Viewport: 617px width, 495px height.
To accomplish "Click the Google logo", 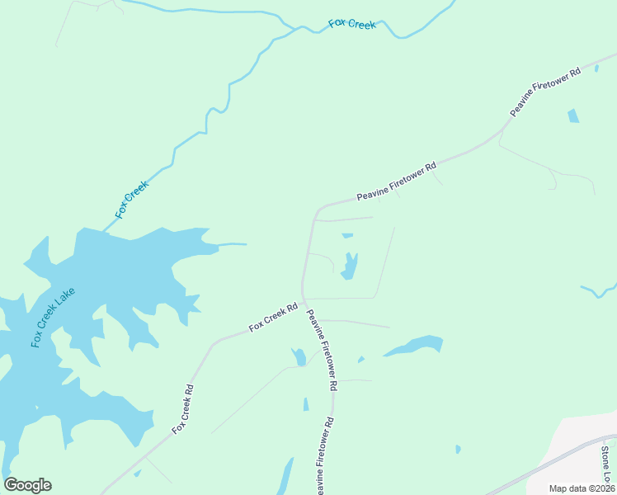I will (28, 485).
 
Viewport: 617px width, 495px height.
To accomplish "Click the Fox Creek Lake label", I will (53, 318).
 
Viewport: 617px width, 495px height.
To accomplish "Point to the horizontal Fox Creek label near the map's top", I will (352, 24).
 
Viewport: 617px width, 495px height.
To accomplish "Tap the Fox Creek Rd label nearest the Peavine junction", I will (273, 318).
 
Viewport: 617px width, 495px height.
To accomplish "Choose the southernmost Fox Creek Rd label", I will (182, 410).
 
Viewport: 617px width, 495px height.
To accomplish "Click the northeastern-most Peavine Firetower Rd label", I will (545, 91).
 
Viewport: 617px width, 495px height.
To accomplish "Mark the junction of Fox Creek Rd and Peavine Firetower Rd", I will (304, 301).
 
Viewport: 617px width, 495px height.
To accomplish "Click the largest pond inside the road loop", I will (350, 266).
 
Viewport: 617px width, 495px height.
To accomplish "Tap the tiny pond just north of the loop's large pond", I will (347, 236).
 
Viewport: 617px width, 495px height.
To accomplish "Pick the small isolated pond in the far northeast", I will (572, 115).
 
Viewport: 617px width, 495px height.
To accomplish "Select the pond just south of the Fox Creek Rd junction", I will (299, 356).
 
